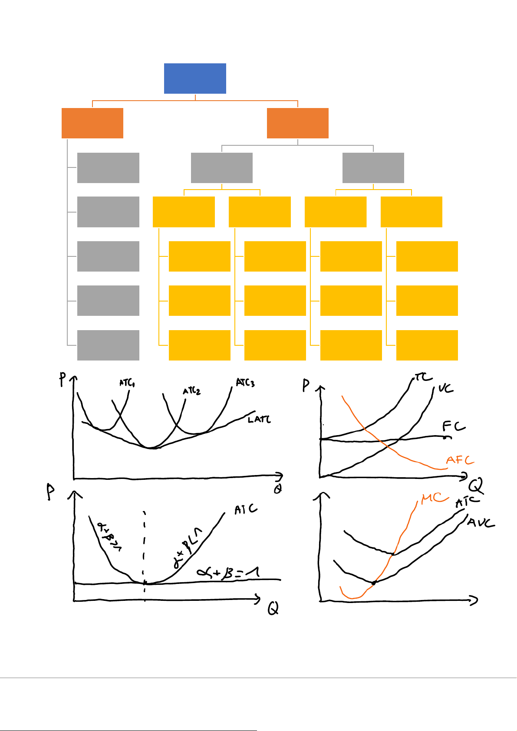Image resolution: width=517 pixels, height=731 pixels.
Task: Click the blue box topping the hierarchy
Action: click(195, 79)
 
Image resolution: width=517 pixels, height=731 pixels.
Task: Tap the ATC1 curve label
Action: click(127, 383)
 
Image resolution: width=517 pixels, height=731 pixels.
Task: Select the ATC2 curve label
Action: click(191, 391)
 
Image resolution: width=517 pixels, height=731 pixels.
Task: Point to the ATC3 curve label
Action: click(245, 383)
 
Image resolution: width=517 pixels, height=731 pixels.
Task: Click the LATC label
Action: click(259, 420)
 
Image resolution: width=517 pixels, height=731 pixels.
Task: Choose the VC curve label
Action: click(445, 388)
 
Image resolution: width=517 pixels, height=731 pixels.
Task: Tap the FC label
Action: click(454, 426)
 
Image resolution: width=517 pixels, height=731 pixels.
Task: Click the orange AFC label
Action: click(460, 460)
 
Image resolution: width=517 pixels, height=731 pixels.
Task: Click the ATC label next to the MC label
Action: click(467, 502)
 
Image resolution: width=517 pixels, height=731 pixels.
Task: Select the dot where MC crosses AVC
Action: click(374, 583)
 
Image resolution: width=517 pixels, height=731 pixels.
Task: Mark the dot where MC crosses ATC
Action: click(393, 554)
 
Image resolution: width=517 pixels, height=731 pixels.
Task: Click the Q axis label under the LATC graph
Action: click(277, 489)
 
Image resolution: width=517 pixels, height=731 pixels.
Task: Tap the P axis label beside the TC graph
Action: click(306, 385)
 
